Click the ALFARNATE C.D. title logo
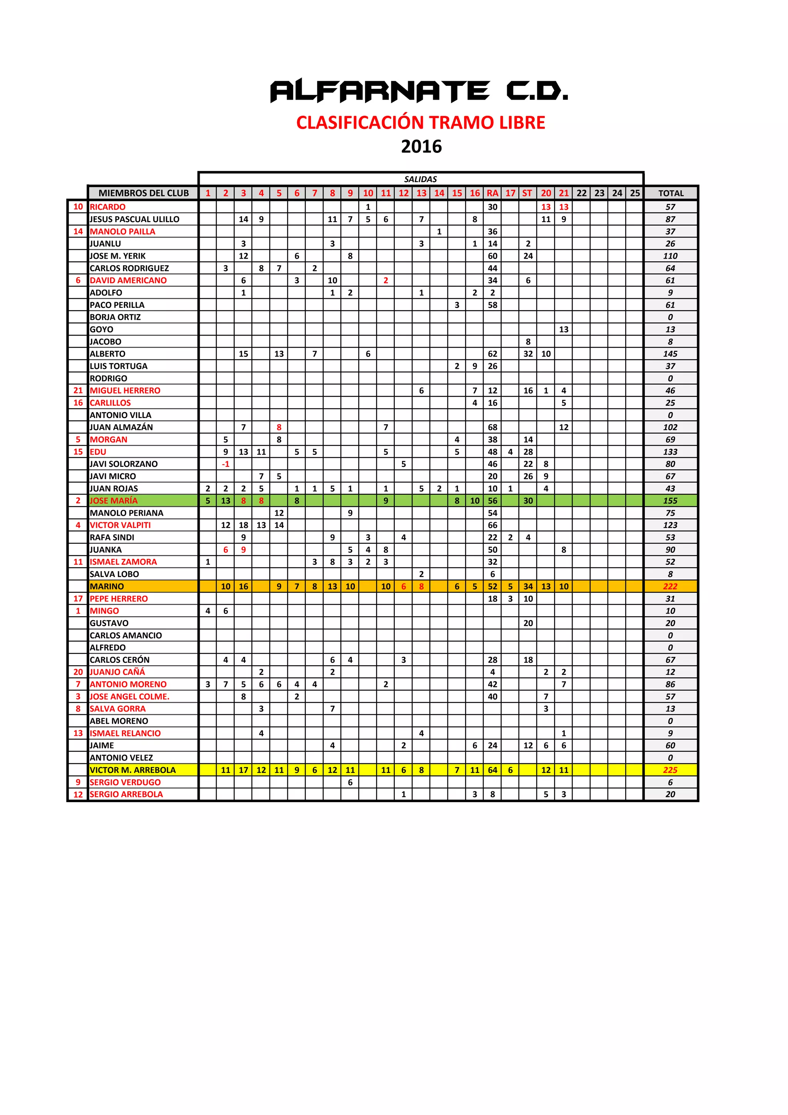click(419, 91)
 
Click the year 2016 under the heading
click(421, 147)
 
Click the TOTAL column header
click(671, 193)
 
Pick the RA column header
click(492, 193)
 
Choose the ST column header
click(527, 193)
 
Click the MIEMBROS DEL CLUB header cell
click(143, 193)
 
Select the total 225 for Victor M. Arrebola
click(670, 770)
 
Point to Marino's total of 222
click(670, 586)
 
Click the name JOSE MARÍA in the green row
click(114, 501)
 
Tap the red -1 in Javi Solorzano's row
click(225, 464)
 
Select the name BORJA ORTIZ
click(115, 317)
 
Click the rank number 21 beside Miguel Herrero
click(78, 390)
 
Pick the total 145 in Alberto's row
click(670, 354)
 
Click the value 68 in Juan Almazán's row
click(492, 427)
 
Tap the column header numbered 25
click(634, 193)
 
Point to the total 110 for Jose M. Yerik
click(670, 256)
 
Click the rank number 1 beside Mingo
click(78, 611)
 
